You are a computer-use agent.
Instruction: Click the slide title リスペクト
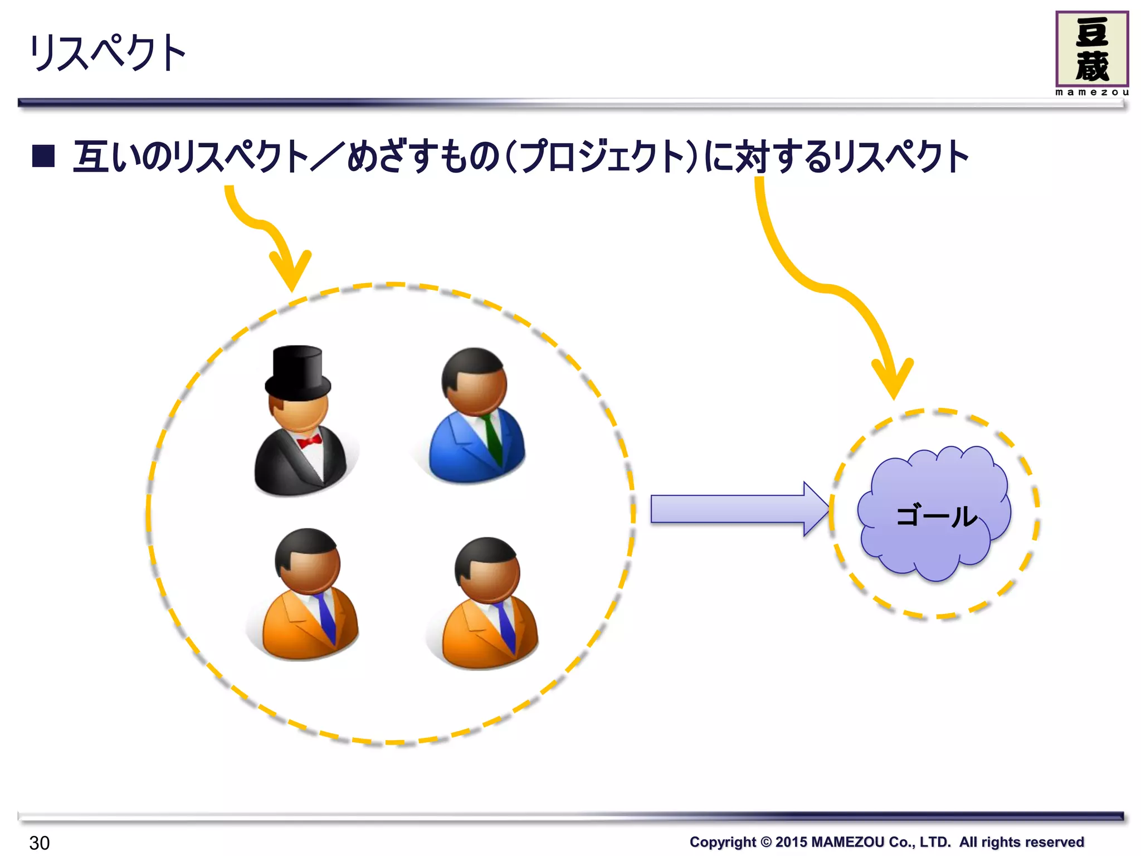point(107,52)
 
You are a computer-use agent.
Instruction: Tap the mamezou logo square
point(1091,49)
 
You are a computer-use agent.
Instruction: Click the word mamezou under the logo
point(1091,93)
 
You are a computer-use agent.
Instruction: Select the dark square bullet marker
point(43,156)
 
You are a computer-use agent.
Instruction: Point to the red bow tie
point(309,441)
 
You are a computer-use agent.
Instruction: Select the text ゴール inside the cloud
point(936,516)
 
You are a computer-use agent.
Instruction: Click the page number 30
point(40,843)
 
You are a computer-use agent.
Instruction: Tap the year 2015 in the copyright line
point(791,842)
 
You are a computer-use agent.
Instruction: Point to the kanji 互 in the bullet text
point(91,157)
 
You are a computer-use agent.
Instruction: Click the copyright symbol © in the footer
point(765,842)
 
